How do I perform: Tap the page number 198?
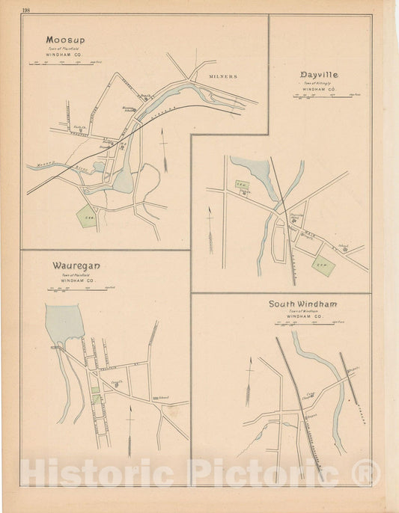[27, 10]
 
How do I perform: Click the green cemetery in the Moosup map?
[88, 216]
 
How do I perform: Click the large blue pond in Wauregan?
[63, 321]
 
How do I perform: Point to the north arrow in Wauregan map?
[130, 431]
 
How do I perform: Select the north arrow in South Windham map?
[249, 381]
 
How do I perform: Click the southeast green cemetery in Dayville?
[322, 262]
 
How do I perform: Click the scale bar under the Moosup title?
[64, 64]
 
